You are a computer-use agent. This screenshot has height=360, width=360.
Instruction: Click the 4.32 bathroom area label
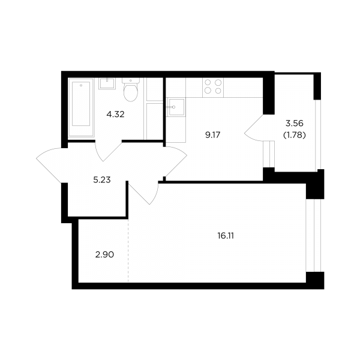point(115,114)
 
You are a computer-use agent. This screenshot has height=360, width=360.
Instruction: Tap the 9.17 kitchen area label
point(213,135)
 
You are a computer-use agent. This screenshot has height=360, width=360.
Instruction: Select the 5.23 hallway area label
point(102,180)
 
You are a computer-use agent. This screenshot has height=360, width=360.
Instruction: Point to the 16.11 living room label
point(226,236)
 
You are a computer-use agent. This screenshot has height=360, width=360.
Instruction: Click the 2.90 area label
point(104,254)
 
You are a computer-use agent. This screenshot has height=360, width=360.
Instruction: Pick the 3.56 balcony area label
point(295,124)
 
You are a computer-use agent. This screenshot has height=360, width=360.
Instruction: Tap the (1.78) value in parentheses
point(295,136)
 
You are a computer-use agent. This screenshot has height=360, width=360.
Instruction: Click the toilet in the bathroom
point(131,89)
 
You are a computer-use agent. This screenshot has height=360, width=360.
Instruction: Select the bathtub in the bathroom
point(81,107)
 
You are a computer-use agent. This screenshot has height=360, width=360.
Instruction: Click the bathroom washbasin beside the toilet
point(107,83)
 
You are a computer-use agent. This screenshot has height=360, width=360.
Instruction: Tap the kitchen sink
point(176,107)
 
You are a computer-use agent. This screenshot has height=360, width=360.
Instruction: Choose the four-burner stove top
point(213,87)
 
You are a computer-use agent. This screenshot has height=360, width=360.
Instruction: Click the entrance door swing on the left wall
point(52,166)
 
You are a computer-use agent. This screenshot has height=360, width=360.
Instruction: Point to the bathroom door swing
point(108,151)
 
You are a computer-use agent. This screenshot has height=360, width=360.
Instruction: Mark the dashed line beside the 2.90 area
point(128,250)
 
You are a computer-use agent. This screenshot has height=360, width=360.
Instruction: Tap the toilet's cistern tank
point(131,80)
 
